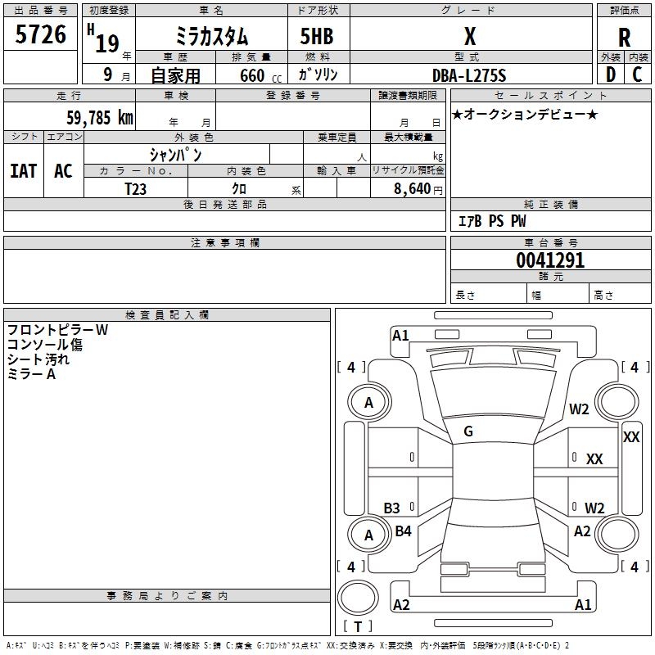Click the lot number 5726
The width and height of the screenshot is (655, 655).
pyautogui.click(x=40, y=34)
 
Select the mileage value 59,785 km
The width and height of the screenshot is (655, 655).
pyautogui.click(x=100, y=117)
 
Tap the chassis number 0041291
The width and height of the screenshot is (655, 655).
pyautogui.click(x=550, y=260)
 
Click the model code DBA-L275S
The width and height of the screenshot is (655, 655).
pyautogui.click(x=469, y=75)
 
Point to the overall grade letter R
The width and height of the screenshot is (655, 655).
pyautogui.click(x=624, y=38)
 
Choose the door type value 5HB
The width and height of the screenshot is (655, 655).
pyautogui.click(x=317, y=36)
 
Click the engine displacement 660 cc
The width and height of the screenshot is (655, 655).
pyautogui.click(x=260, y=75)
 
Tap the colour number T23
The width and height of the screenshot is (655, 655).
pyautogui.click(x=135, y=189)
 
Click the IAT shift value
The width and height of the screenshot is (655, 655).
pyautogui.click(x=24, y=171)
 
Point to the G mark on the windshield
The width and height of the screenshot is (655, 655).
pyautogui.click(x=468, y=431)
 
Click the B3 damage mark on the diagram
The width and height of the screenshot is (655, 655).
pyautogui.click(x=391, y=508)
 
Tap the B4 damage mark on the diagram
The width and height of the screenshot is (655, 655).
pyautogui.click(x=403, y=531)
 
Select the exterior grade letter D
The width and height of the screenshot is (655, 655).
pyautogui.click(x=611, y=75)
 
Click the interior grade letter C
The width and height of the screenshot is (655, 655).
pyautogui.click(x=637, y=75)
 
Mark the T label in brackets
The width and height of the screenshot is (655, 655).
pyautogui.click(x=358, y=626)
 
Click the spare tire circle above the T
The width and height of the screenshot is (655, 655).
pyautogui.click(x=358, y=597)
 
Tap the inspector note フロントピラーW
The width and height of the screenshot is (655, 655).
pyautogui.click(x=57, y=330)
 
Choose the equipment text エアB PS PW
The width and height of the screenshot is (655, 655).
pyautogui.click(x=492, y=220)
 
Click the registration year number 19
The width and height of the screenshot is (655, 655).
pyautogui.click(x=107, y=43)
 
